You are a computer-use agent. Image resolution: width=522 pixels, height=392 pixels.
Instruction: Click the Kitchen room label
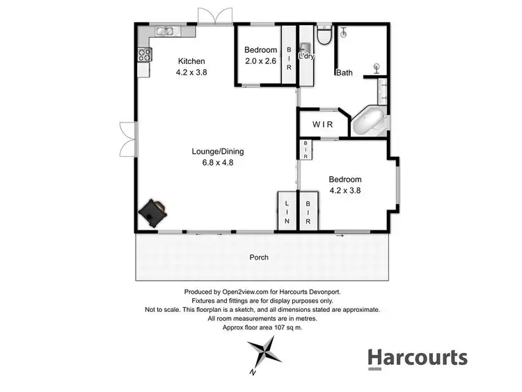(191, 61)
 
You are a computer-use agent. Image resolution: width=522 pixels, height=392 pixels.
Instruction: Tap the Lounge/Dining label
(218, 151)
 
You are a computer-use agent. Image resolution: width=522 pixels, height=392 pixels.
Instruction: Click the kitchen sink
(165, 30)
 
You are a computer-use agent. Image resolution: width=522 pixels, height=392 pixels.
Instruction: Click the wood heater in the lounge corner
(152, 212)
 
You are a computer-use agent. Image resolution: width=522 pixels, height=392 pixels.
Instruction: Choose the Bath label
(344, 72)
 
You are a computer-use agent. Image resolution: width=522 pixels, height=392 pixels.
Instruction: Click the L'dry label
(306, 56)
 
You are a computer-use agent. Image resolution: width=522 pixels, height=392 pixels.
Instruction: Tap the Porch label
(259, 257)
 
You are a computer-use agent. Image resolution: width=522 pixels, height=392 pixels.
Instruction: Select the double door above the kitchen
(213, 15)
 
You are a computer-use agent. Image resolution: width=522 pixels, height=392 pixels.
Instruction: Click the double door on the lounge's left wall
(127, 139)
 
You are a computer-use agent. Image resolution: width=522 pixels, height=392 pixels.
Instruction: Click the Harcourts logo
(417, 358)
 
